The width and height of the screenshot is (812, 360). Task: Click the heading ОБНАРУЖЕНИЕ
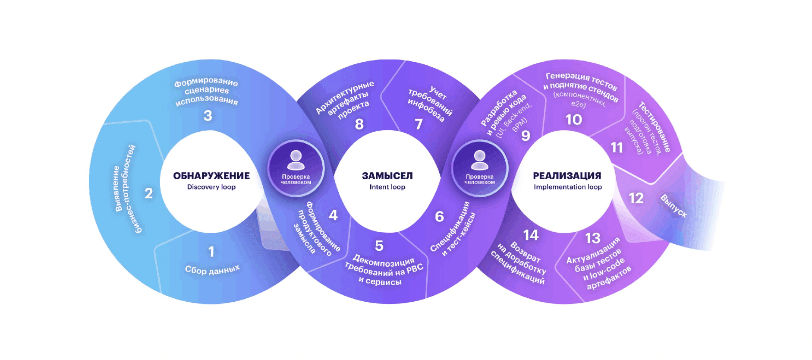tap(211, 176)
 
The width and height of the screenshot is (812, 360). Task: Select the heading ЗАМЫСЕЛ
tap(387, 176)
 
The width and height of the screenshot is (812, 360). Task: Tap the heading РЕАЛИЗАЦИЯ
tap(567, 176)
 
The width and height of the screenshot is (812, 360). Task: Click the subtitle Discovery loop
tap(211, 187)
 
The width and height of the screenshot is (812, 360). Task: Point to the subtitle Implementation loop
tap(568, 187)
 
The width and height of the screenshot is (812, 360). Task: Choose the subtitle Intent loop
tap(387, 187)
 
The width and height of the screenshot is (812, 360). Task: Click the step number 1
tap(211, 252)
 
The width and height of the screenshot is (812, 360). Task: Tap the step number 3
tap(208, 116)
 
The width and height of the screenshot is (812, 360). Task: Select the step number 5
tap(379, 246)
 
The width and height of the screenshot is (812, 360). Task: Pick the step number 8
tap(359, 124)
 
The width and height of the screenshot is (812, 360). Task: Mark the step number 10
tap(574, 120)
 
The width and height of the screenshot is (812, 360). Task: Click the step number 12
tap(636, 198)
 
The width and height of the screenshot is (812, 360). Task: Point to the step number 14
tap(531, 235)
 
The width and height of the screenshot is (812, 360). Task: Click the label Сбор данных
tap(212, 269)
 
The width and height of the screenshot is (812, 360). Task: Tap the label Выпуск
tap(674, 206)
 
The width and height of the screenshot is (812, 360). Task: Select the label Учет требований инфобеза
tap(430, 104)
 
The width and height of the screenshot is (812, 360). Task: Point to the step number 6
tap(439, 216)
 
